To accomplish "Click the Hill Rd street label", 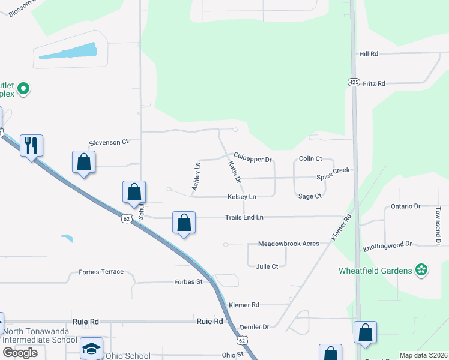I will tap(368, 54).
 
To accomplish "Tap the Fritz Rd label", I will tap(373, 83).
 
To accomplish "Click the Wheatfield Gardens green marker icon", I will tap(422, 271).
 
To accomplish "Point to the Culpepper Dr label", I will tap(253, 160).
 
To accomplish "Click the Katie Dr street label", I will tap(234, 172).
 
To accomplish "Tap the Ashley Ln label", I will tap(196, 177).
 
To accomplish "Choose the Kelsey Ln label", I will tap(241, 197).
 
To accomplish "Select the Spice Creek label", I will tap(333, 171).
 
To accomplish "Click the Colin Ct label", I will tap(310, 159).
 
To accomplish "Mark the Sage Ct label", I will tap(310, 196).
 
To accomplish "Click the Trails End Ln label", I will tap(244, 217).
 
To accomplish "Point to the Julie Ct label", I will tap(267, 266).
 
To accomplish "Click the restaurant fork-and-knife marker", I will tap(32, 145).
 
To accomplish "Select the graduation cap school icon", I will tap(91, 349).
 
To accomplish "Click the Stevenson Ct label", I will tap(109, 142).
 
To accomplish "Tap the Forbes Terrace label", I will tap(101, 272).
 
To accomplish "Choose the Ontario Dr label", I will tap(405, 206).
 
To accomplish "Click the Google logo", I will tap(20, 353).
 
